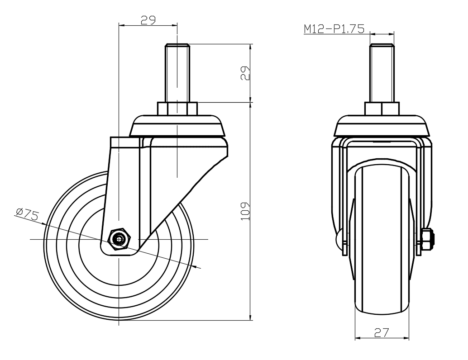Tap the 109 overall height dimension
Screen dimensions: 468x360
(245, 211)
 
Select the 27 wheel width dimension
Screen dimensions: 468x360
(382, 332)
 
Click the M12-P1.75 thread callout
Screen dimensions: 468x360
(334, 29)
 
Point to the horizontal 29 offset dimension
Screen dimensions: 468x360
(148, 20)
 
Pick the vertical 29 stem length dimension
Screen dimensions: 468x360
(245, 73)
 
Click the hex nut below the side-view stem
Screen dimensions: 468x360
(177, 109)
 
